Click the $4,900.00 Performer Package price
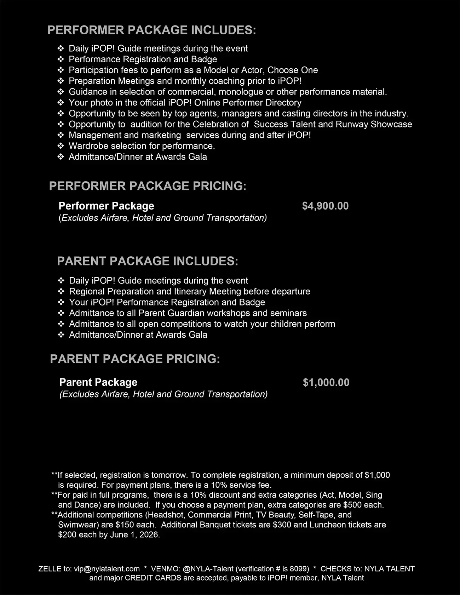point(325,206)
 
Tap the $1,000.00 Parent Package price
point(326,383)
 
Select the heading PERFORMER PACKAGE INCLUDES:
point(151,30)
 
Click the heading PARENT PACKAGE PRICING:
point(135,359)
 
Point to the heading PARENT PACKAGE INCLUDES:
point(148,261)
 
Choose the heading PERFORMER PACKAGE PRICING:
point(148,186)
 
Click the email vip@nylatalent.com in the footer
point(107,569)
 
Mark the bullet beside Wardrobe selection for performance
point(61,146)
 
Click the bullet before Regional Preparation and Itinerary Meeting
point(61,292)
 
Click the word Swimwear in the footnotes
point(75,525)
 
